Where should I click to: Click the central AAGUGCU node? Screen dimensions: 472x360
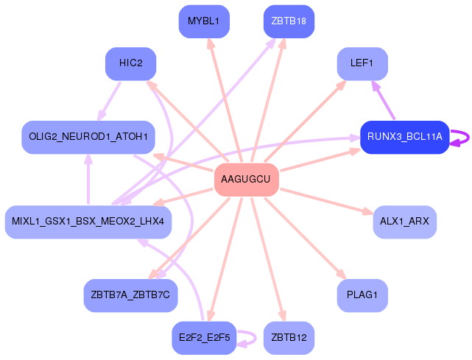[247, 180]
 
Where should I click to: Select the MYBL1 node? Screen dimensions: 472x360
[204, 21]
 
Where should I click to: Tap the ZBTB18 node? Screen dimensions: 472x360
[289, 21]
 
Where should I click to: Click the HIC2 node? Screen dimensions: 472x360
[130, 64]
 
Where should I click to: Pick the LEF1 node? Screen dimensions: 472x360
[362, 64]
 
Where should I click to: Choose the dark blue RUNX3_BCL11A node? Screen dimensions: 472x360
[405, 137]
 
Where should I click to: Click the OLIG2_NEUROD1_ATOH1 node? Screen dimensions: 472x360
[88, 137]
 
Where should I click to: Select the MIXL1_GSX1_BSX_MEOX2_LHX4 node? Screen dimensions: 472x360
[88, 222]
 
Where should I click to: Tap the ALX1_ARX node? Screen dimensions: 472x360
[405, 222]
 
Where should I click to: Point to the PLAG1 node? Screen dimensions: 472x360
[362, 296]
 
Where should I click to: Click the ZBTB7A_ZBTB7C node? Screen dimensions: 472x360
[130, 296]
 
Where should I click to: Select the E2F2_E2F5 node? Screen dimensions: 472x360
[204, 338]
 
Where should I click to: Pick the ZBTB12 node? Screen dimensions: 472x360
[289, 338]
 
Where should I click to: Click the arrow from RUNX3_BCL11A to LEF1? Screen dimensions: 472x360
[383, 100]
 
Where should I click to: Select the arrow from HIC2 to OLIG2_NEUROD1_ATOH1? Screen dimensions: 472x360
[109, 101]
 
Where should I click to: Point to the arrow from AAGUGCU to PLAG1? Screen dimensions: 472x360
[306, 238]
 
